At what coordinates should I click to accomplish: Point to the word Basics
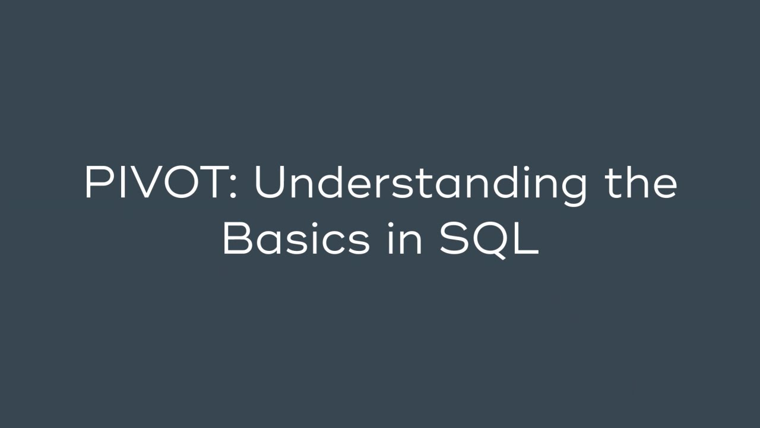point(296,240)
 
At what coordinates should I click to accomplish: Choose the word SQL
point(489,240)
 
